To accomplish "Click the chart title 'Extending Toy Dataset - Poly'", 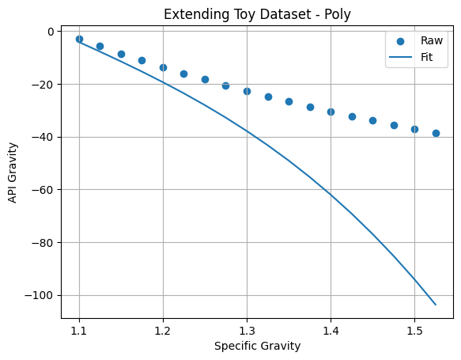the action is click(x=257, y=14).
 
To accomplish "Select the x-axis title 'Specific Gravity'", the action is click(x=257, y=346).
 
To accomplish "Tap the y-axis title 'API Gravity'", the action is click(x=13, y=172).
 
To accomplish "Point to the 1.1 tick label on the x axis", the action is click(x=79, y=331).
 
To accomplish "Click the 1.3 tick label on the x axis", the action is click(x=247, y=331).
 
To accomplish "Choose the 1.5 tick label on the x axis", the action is click(x=414, y=331).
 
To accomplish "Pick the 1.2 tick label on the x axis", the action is click(x=163, y=331).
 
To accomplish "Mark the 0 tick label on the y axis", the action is click(x=51, y=32).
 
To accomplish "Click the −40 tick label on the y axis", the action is click(x=43, y=137).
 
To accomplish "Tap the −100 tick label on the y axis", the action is click(x=40, y=295).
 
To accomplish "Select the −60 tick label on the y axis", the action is click(x=43, y=190).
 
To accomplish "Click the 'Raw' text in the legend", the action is click(x=431, y=40).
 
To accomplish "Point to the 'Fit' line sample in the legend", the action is click(x=400, y=57).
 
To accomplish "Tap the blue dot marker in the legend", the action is click(x=400, y=41).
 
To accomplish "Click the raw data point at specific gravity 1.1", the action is click(x=79, y=39).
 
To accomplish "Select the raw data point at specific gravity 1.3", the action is click(x=247, y=92).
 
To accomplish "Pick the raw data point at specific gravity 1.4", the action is click(x=331, y=112).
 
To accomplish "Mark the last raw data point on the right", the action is click(x=436, y=133).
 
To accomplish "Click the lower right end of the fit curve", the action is click(x=436, y=305).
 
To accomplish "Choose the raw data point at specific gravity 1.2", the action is click(x=163, y=67).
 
